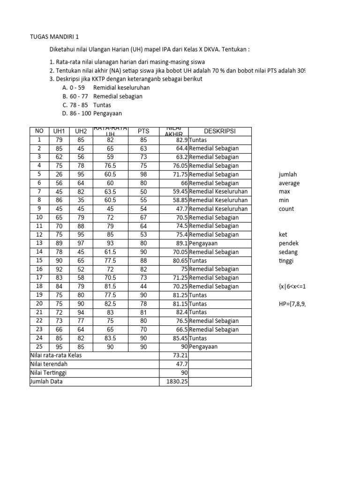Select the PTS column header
[143, 131]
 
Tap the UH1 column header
[59, 131]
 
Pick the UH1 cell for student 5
[59, 174]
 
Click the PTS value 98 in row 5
[143, 174]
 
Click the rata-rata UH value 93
[110, 243]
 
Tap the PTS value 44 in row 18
[143, 286]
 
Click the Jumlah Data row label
[46, 382]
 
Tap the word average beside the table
[289, 183]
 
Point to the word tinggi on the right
[286, 261]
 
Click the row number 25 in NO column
[39, 347]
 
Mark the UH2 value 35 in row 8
[81, 200]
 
